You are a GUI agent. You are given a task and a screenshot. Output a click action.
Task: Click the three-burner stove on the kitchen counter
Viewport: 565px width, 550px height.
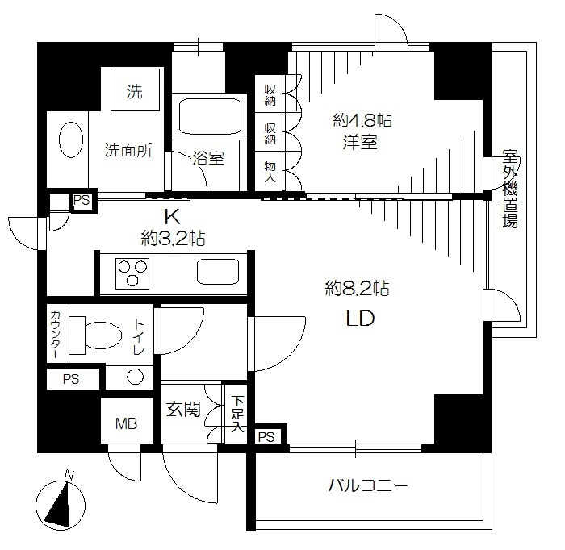[x=132, y=273]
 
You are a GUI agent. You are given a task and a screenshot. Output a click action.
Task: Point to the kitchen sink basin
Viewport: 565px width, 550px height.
[x=218, y=272]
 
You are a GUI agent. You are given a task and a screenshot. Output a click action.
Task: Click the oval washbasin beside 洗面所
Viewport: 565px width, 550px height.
[x=71, y=140]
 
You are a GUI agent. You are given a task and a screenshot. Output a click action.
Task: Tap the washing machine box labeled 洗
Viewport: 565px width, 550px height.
[x=135, y=90]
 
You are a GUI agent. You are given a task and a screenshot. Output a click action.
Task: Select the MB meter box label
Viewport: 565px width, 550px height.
[x=127, y=423]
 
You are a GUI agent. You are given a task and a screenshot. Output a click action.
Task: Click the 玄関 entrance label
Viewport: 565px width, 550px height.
[x=183, y=409]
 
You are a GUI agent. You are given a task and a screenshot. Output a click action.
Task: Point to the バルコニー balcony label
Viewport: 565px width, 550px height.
[x=368, y=486]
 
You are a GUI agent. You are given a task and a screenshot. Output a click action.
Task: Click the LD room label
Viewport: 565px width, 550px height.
[x=360, y=319]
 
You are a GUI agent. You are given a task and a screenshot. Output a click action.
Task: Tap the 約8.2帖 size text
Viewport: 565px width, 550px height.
[x=357, y=289]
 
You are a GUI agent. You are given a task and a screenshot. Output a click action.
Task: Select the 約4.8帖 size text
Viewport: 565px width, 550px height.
[x=362, y=121]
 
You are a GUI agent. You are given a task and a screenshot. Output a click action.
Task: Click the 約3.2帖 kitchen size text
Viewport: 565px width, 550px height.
[x=174, y=238]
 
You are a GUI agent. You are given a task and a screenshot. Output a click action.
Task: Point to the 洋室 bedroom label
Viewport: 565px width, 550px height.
[x=360, y=142]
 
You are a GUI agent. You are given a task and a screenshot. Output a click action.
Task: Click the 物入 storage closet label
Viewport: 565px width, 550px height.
[x=270, y=171]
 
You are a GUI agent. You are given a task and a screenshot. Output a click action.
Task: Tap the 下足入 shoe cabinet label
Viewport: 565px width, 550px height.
[x=238, y=414]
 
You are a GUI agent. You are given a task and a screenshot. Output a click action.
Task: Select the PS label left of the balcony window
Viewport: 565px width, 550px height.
[x=266, y=437]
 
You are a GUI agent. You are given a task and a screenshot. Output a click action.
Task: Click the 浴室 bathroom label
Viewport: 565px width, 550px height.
[x=208, y=157]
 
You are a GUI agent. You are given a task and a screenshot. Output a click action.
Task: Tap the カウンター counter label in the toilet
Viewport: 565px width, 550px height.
[x=55, y=335]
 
